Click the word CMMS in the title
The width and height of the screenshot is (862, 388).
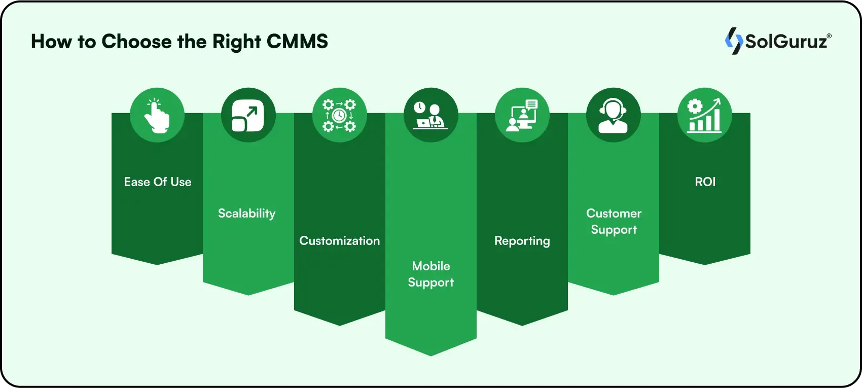tap(297, 42)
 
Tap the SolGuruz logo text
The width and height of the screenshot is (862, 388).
tap(786, 41)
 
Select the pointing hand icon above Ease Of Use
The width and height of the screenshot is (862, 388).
tap(157, 115)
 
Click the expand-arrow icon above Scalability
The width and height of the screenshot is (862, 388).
tap(248, 115)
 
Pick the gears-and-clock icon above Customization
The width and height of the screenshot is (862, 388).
tap(340, 115)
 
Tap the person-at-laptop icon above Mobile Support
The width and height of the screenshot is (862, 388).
tap(431, 115)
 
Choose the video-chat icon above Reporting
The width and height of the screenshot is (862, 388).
tap(522, 115)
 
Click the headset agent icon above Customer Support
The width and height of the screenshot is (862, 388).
tap(614, 115)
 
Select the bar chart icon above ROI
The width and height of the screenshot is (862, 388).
tap(705, 115)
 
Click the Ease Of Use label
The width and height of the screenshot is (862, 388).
tap(158, 182)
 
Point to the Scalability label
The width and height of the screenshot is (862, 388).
tap(247, 214)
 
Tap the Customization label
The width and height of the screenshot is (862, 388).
tap(340, 241)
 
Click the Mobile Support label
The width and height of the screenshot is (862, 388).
tap(431, 274)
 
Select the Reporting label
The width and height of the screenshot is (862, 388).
tap(522, 241)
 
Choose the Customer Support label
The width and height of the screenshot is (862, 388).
tap(614, 222)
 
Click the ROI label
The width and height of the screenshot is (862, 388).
tap(705, 182)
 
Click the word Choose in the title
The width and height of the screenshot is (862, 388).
tap(136, 42)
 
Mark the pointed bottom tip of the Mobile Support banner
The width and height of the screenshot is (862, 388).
tap(431, 355)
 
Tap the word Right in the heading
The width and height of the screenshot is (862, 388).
tap(237, 42)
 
